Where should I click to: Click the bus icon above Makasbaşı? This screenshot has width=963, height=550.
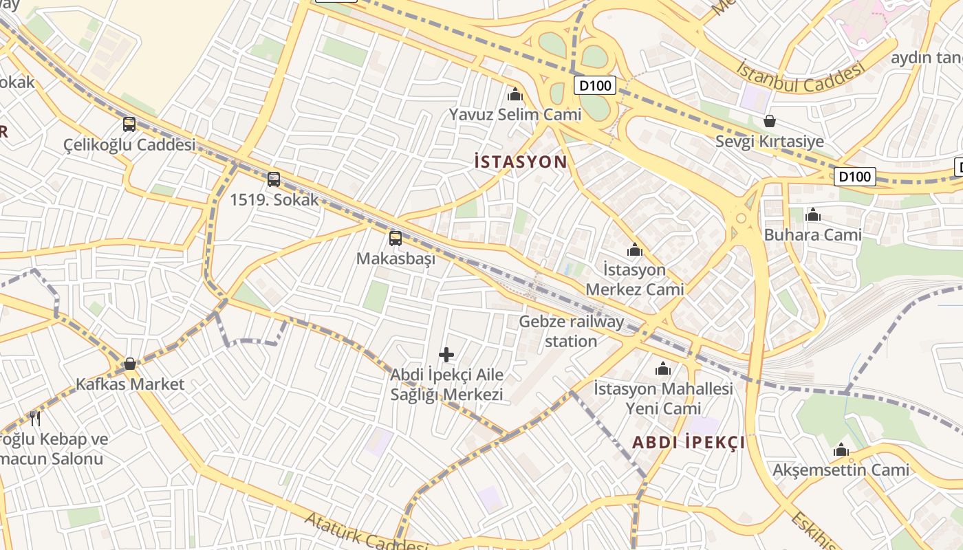396,239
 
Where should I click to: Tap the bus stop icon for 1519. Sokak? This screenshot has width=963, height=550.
274,179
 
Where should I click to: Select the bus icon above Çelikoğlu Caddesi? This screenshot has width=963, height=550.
129,124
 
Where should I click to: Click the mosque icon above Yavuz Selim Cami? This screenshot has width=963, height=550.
515,94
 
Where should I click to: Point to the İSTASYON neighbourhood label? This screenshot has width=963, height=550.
521,162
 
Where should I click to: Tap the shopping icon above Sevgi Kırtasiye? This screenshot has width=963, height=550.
769,122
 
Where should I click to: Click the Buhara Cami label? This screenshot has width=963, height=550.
812,234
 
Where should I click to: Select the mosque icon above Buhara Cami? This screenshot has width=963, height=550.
812,215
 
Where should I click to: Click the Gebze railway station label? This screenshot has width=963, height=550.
571,331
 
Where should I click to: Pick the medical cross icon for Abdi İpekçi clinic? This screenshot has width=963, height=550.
446,355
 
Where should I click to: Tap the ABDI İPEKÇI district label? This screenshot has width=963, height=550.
689,442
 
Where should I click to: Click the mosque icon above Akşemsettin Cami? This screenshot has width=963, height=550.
841,451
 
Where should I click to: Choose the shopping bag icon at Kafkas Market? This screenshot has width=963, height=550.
130,364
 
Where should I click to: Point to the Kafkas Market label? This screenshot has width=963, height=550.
130,384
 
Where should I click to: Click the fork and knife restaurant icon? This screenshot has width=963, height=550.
35,418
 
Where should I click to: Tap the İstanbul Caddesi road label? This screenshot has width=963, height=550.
799,77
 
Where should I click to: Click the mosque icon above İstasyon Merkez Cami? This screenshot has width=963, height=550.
634,250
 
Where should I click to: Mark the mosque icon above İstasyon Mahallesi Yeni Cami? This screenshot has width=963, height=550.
663,370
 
